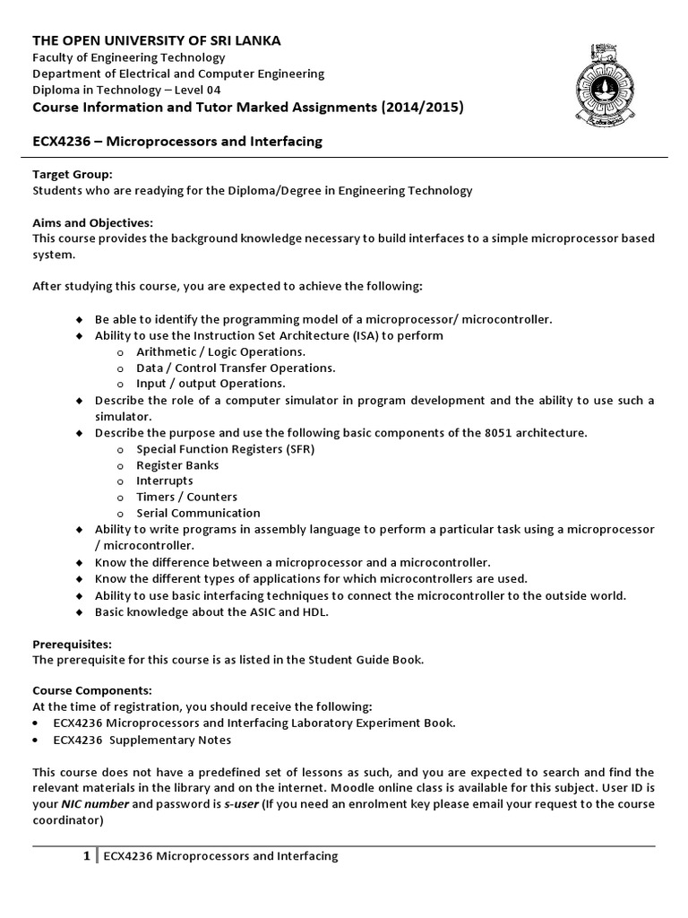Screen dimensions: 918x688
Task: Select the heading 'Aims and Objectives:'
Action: pos(93,222)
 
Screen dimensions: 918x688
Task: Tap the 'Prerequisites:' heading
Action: pos(72,644)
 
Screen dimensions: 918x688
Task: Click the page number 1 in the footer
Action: pos(86,856)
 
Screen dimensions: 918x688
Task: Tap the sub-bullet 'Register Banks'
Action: pos(177,465)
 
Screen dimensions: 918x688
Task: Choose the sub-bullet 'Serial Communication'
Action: pos(198,513)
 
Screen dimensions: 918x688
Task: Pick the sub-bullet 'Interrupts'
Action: pos(165,481)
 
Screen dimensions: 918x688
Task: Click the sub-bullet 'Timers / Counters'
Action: pos(186,497)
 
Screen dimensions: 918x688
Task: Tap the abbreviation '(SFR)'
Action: pos(297,449)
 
